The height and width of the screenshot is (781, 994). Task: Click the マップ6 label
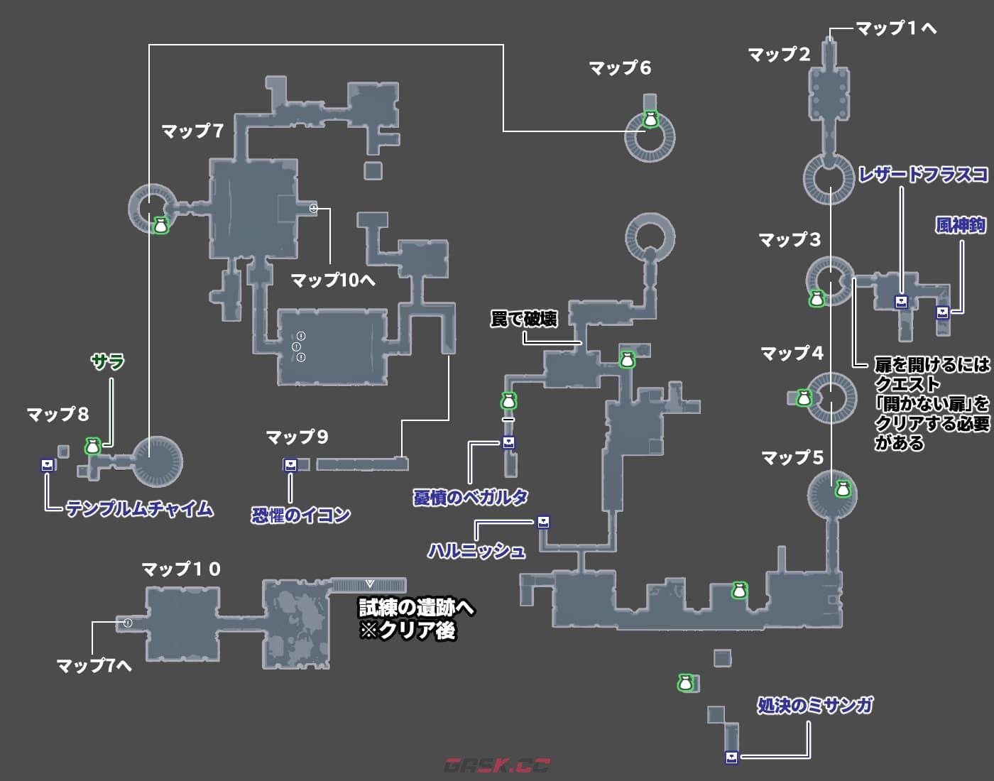[x=620, y=68]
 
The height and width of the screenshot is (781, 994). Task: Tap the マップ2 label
[x=779, y=55]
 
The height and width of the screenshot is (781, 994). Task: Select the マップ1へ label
[x=896, y=28]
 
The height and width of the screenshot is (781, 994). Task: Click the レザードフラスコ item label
[x=923, y=175]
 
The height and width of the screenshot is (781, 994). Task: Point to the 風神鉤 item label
[x=961, y=226]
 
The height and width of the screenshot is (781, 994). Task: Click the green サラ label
[x=108, y=362]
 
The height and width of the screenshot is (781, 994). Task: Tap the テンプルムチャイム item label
[x=139, y=509]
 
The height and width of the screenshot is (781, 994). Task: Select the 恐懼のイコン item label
[x=301, y=515]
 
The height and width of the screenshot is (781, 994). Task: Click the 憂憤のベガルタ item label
[x=471, y=497]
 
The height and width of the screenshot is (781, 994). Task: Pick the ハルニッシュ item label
[x=476, y=550]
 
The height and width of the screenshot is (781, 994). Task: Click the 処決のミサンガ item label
[x=814, y=706]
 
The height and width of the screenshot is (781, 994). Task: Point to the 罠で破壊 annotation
[x=524, y=319]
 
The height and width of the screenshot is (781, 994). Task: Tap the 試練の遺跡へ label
[x=416, y=608]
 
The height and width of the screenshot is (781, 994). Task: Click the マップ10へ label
[x=333, y=280]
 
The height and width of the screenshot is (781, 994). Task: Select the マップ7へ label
[x=94, y=665]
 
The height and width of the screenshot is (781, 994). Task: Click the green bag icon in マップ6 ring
[x=650, y=120]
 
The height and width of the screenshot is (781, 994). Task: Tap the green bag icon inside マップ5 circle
[x=842, y=489]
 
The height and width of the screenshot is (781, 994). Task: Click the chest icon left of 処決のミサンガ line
[x=731, y=757]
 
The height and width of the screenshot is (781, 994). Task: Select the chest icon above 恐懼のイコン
[x=290, y=465]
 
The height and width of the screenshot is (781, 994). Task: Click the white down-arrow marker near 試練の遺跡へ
[x=369, y=584]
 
